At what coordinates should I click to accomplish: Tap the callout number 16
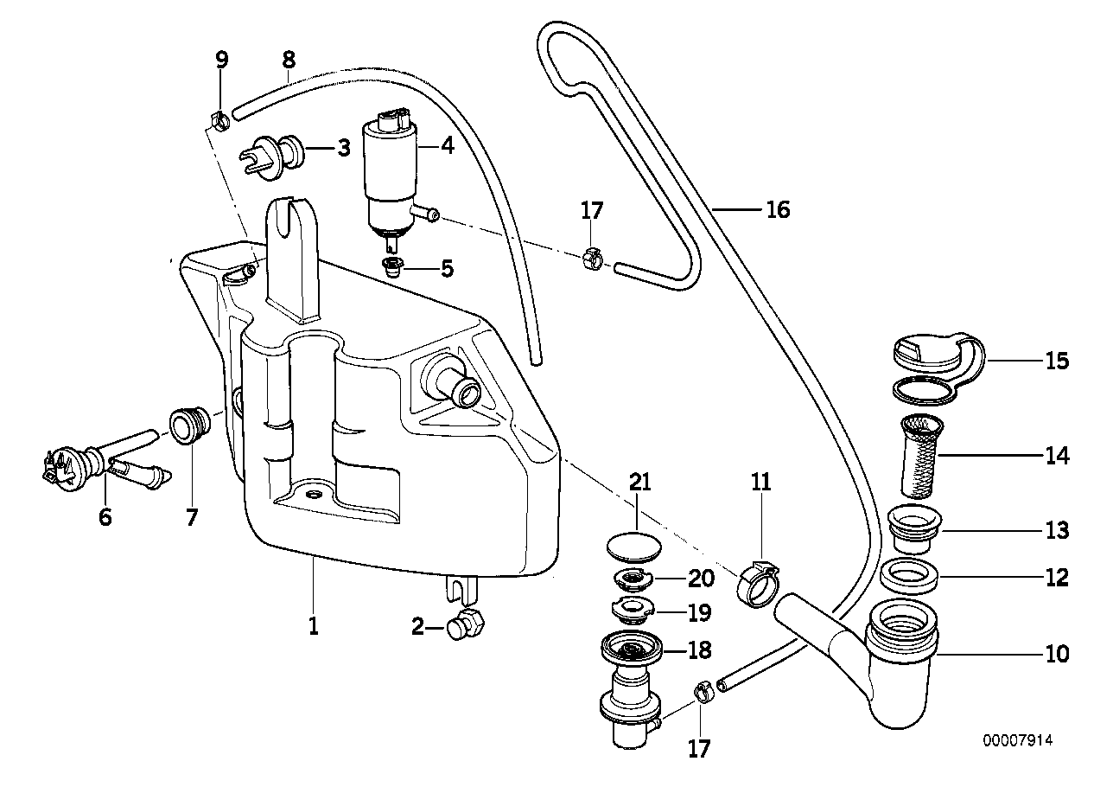(778, 209)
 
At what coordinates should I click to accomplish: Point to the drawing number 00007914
(1018, 741)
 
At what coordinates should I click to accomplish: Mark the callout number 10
(1056, 654)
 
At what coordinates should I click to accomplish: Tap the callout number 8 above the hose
(289, 60)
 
